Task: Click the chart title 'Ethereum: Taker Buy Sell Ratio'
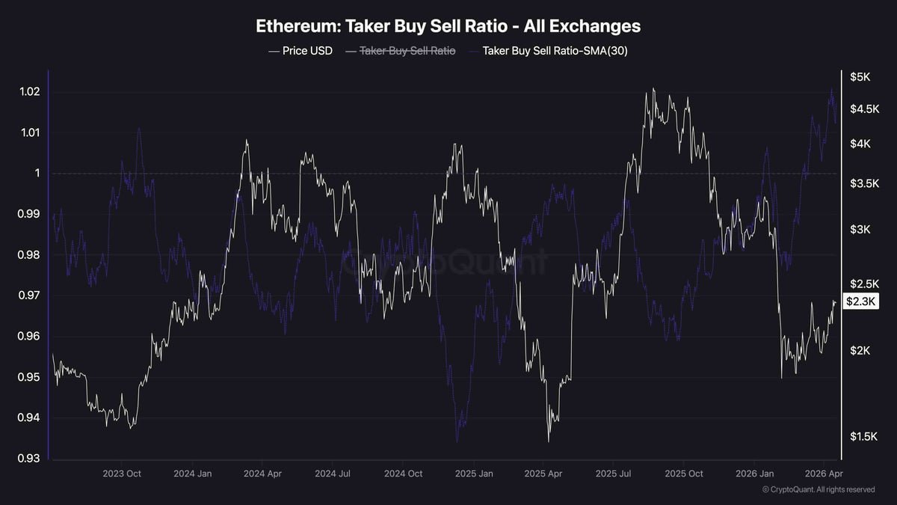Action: click(448, 25)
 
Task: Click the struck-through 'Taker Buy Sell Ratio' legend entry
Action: click(407, 51)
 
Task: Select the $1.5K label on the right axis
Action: click(863, 436)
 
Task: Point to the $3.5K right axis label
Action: click(863, 183)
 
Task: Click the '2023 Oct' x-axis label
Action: click(122, 474)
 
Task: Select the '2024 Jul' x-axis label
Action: click(333, 474)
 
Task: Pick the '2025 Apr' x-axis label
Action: click(543, 474)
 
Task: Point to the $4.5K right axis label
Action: click(863, 108)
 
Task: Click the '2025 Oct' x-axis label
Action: click(684, 474)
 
